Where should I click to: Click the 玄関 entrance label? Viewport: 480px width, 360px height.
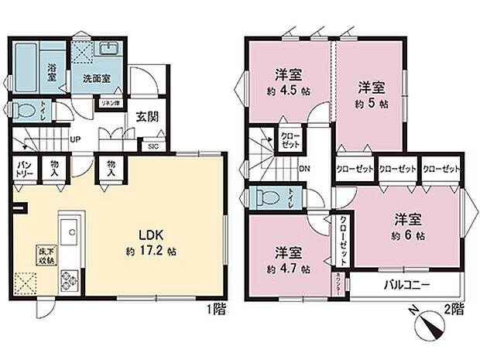(148, 118)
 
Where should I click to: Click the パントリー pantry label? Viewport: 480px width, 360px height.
(25, 168)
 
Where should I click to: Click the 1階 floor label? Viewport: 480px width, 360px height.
(217, 309)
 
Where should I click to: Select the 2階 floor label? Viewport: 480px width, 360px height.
(454, 309)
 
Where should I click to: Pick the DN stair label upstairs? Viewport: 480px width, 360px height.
(304, 168)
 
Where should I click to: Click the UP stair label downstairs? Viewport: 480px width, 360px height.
(75, 140)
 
